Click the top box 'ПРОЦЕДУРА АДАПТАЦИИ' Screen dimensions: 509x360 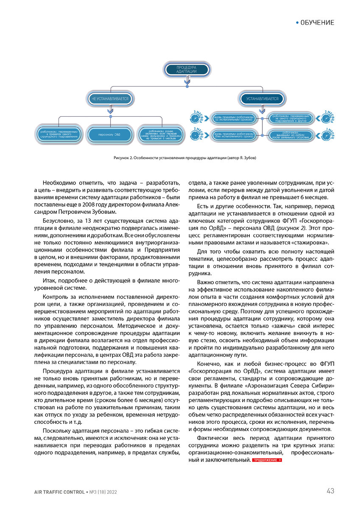click(187, 70)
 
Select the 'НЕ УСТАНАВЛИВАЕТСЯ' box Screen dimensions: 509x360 click(110, 99)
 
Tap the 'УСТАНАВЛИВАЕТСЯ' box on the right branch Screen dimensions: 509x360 click(262, 99)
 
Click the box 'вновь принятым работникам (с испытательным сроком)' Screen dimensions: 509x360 click(234, 117)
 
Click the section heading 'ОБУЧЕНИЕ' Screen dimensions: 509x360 click(317, 22)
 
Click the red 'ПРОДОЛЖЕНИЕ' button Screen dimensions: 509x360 click(267, 460)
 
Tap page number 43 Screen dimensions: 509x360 click(330, 491)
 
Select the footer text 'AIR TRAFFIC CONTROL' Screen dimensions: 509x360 click(59, 492)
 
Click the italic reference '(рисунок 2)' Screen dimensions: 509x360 click(291, 228)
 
